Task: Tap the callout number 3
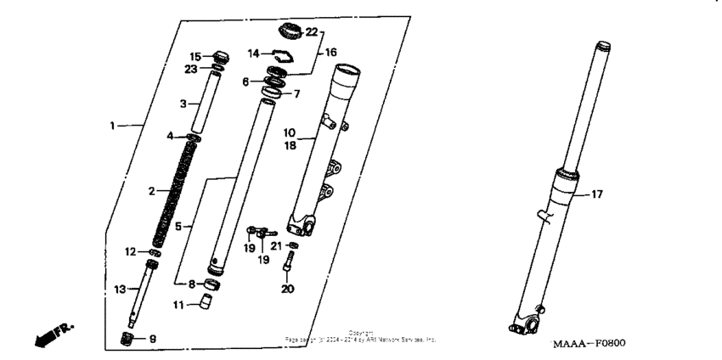(x=182, y=104)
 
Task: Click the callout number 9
(x=153, y=340)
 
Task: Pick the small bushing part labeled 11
(x=205, y=303)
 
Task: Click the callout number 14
(x=254, y=53)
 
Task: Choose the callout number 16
(x=332, y=52)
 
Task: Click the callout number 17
(x=597, y=194)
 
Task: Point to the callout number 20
(x=287, y=289)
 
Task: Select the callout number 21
(x=276, y=246)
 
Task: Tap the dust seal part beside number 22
(x=290, y=33)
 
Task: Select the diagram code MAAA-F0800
(x=589, y=343)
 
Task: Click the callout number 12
(x=130, y=251)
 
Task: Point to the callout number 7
(x=297, y=93)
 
